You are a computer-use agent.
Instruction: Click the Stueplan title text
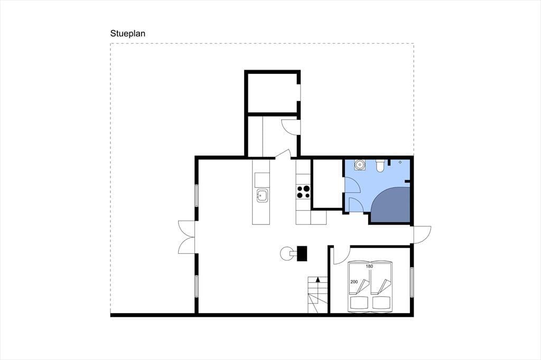[x=128, y=33]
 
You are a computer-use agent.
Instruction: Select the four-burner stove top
[x=303, y=192]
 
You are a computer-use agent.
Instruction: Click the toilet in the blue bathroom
[x=379, y=166]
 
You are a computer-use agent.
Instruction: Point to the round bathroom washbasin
[x=360, y=165]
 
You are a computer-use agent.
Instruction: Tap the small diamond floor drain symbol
[x=400, y=162]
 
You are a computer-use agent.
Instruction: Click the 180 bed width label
[x=369, y=266]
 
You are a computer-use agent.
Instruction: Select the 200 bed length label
[x=354, y=282]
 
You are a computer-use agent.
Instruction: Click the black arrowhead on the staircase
[x=318, y=280]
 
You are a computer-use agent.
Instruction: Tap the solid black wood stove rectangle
[x=302, y=253]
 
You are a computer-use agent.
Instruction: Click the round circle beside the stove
[x=286, y=254]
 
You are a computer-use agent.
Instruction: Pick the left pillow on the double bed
[x=359, y=302]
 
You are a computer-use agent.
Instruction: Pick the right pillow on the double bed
[x=381, y=302]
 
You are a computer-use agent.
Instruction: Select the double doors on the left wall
[x=186, y=238]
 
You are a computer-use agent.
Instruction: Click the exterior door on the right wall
[x=423, y=235]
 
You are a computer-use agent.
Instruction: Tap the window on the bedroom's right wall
[x=412, y=282]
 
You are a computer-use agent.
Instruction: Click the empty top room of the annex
[x=272, y=92]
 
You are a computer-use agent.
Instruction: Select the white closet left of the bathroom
[x=328, y=184]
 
